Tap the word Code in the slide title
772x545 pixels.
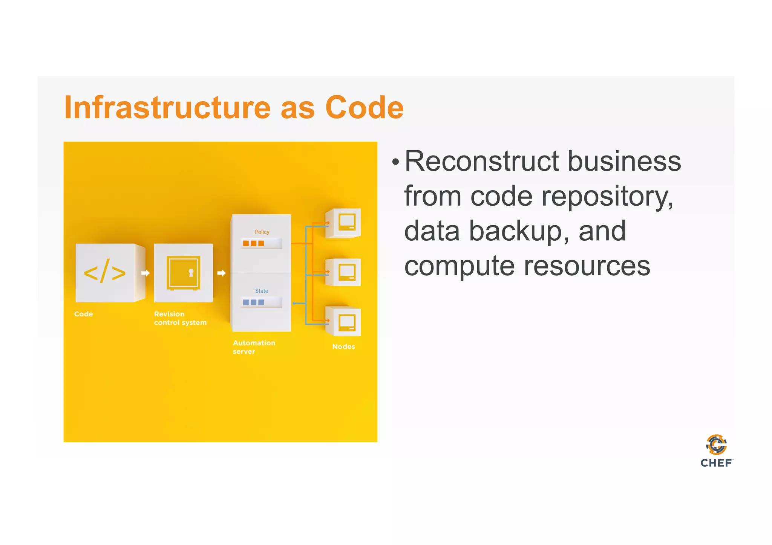tap(364, 108)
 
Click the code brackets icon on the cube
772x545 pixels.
tap(105, 271)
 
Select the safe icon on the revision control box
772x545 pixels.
tap(183, 273)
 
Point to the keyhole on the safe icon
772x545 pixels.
tap(191, 272)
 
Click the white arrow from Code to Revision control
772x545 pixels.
tap(146, 273)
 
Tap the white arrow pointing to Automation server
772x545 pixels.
tap(221, 273)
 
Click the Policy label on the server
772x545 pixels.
tap(262, 232)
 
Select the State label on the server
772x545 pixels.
tap(262, 291)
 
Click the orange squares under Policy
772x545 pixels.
tap(253, 243)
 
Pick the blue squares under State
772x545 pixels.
tap(253, 302)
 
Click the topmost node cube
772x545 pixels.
tap(344, 223)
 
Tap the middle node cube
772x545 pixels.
tap(344, 272)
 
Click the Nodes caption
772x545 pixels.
tap(343, 347)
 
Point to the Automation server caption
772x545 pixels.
tap(254, 347)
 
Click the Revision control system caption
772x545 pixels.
tap(180, 318)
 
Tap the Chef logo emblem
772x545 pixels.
tap(716, 444)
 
